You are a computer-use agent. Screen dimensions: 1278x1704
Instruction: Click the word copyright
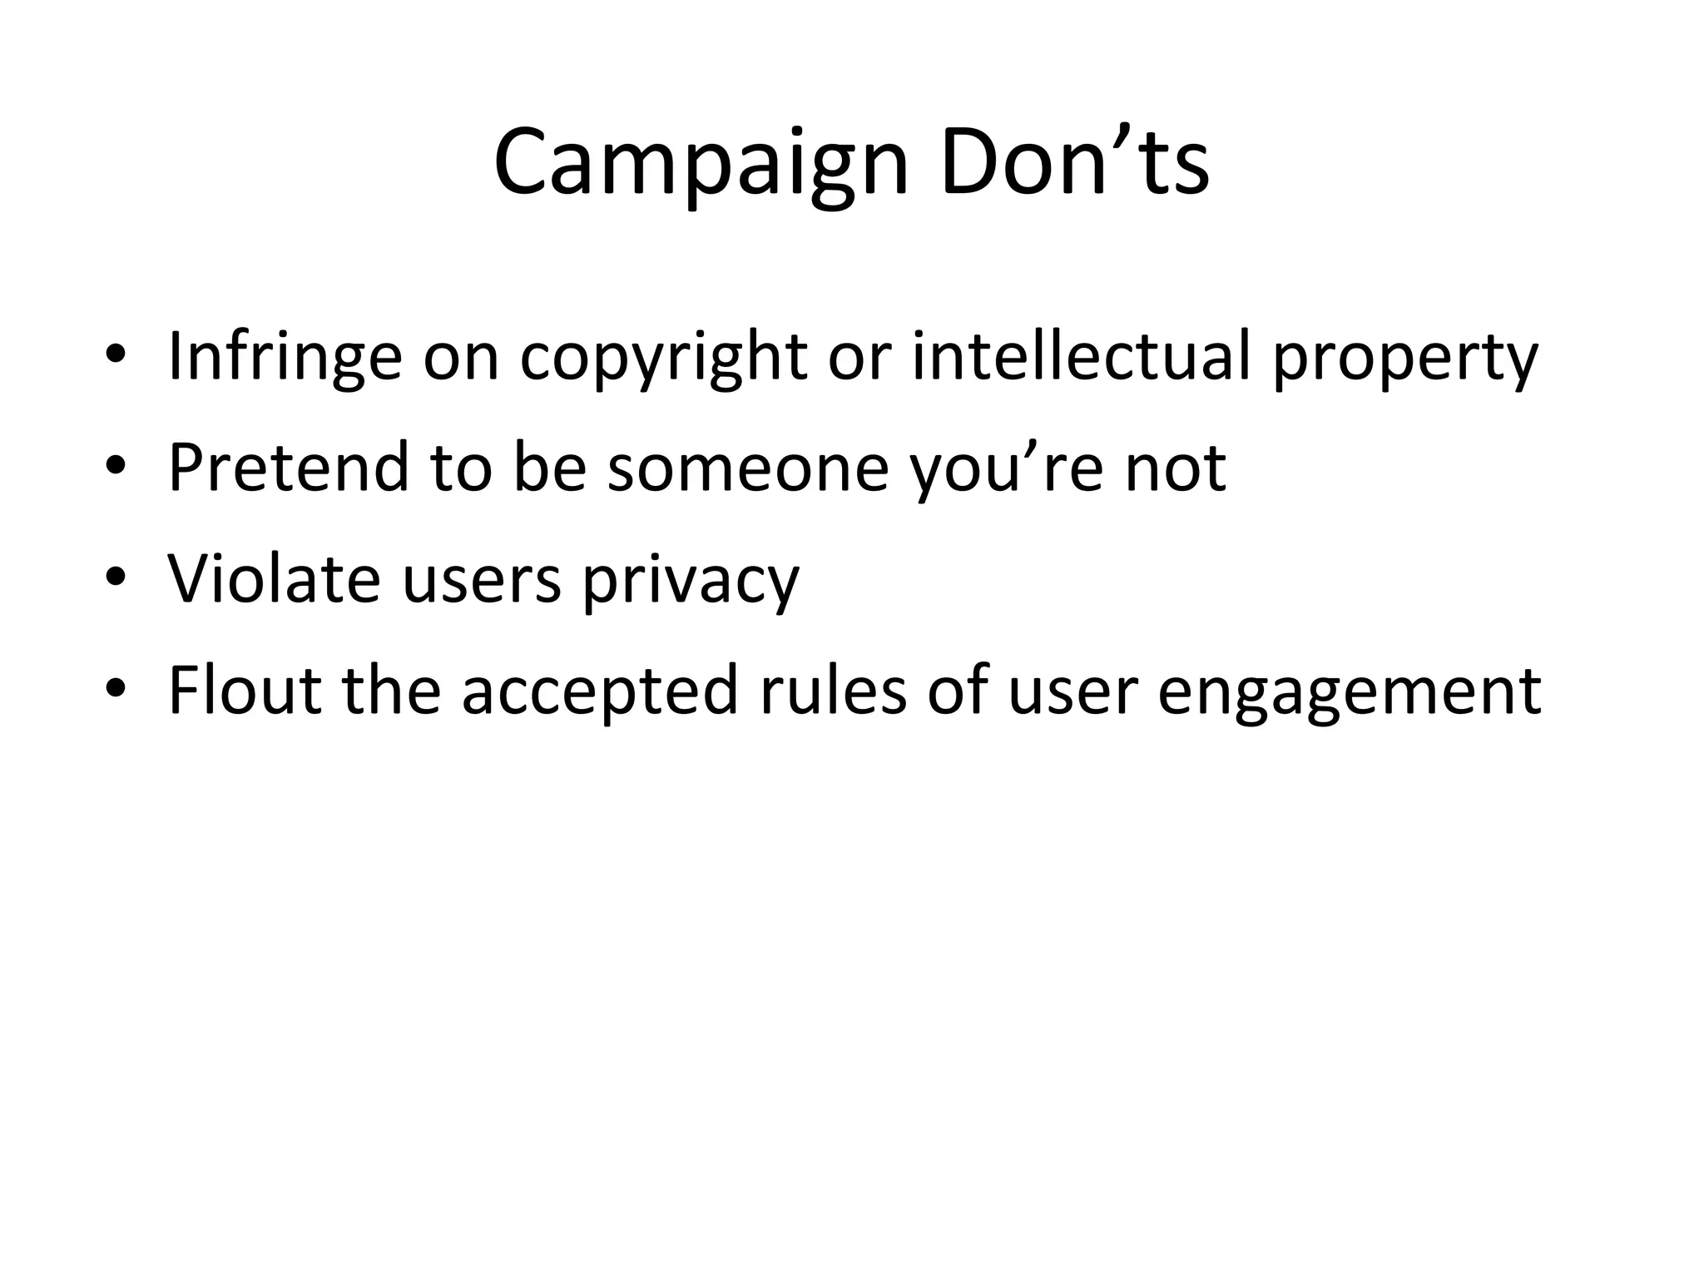pyautogui.click(x=663, y=357)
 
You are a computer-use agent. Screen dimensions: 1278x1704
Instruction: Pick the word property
pyautogui.click(x=1405, y=359)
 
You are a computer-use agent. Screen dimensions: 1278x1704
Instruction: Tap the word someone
pyautogui.click(x=747, y=468)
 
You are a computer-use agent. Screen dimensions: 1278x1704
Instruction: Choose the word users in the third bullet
pyautogui.click(x=481, y=580)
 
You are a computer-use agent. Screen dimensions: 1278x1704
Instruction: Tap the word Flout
pyautogui.click(x=245, y=690)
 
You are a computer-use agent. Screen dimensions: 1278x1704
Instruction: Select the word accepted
pyautogui.click(x=600, y=691)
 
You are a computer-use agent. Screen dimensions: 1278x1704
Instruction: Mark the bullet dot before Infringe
pyautogui.click(x=116, y=359)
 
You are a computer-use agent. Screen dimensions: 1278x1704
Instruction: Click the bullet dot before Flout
pyautogui.click(x=116, y=690)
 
